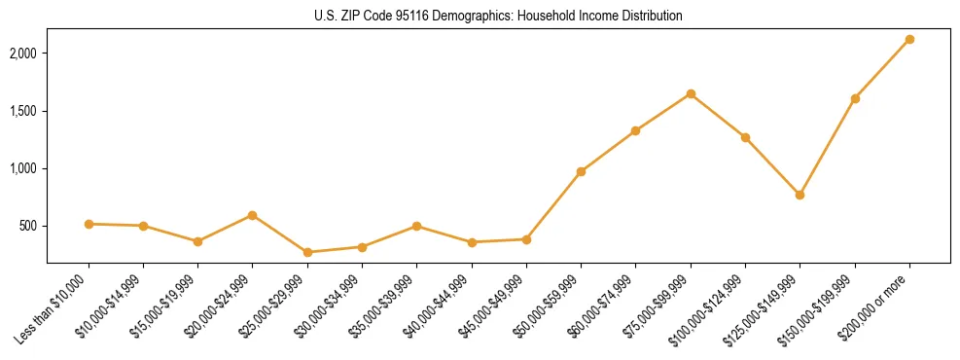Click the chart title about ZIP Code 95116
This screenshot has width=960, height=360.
[498, 17]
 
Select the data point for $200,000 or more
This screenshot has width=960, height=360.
[909, 39]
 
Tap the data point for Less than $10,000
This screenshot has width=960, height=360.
[89, 224]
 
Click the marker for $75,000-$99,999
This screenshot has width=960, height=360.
[691, 93]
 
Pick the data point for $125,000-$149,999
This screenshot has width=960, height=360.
[800, 195]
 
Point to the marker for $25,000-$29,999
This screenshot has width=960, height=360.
[307, 252]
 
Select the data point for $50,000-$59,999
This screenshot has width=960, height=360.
[581, 171]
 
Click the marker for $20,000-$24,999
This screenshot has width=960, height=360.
[253, 215]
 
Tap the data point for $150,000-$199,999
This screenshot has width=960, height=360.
[855, 98]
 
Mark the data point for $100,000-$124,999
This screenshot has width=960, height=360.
[745, 137]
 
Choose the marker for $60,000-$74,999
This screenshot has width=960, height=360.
[635, 130]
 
